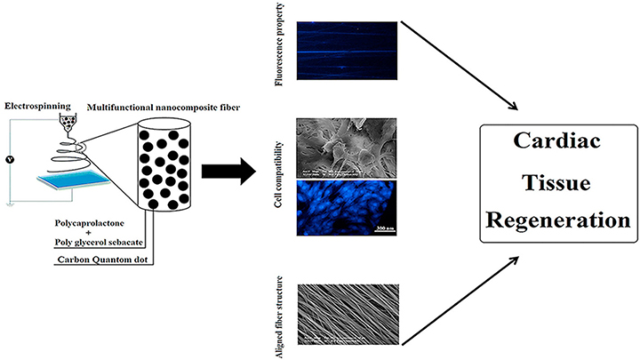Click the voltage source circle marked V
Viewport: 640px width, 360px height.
11,162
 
